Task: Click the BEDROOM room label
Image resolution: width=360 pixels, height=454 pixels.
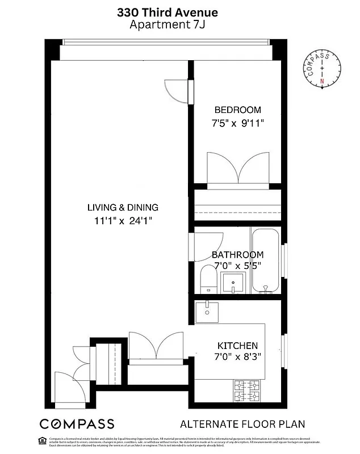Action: coord(237,110)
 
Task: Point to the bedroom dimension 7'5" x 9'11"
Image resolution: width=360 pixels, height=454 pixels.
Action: coord(237,123)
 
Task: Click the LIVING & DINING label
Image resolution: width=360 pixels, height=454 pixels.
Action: coord(123,208)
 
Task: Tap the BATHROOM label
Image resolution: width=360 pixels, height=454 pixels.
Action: coord(237,255)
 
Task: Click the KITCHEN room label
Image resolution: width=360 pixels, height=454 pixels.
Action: coord(238,346)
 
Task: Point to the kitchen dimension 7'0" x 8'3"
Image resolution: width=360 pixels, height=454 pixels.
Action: coord(238,358)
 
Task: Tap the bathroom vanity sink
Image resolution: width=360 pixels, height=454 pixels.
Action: coord(233,281)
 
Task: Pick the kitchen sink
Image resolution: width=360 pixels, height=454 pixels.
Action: coord(207,310)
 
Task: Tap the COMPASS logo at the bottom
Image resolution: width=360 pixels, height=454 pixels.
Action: coord(77,424)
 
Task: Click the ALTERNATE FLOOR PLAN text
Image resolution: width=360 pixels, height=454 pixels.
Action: coord(242,424)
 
